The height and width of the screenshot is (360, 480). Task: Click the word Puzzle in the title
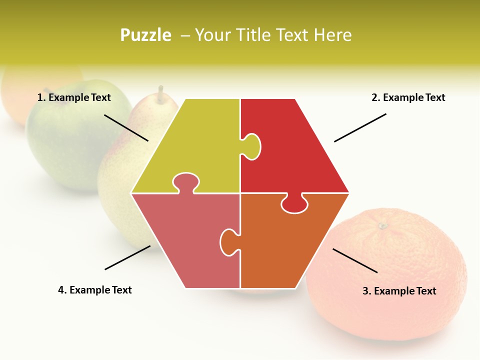pos(145,35)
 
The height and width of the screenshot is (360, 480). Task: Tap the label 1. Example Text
pos(74,97)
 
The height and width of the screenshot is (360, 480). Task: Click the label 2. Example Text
pos(408,97)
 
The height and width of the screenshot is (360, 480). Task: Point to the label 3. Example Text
pos(399,291)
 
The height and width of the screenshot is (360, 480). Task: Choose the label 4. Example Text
pos(94,290)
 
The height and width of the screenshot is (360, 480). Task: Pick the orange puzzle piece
pos(280,245)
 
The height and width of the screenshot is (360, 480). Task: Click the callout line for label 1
pos(126,127)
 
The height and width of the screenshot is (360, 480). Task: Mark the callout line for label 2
pos(360,127)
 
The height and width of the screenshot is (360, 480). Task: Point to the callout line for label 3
pos(355,260)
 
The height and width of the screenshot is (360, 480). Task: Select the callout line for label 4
pos(127,257)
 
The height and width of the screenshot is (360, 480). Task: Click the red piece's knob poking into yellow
pos(252,146)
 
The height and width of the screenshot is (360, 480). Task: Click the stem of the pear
pos(160,93)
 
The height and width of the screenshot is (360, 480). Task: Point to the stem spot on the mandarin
pos(382,226)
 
